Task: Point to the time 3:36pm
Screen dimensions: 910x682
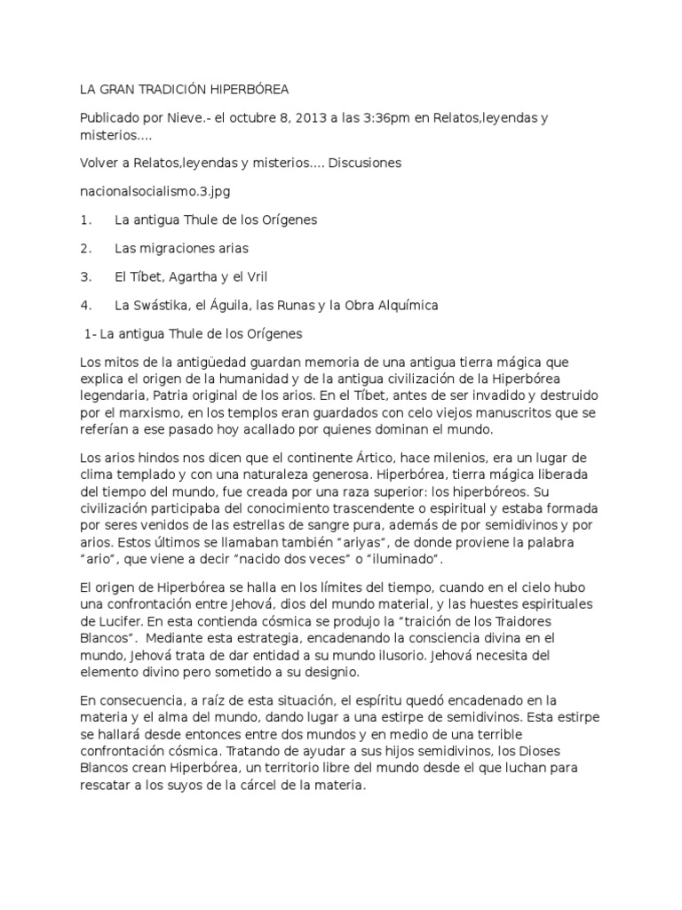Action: [x=392, y=117]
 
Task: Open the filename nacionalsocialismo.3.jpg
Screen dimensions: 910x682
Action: [x=148, y=191]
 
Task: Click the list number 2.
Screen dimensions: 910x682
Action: [x=85, y=248]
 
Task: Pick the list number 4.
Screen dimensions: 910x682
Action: [x=85, y=305]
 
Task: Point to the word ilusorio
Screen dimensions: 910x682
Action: [x=367, y=659]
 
